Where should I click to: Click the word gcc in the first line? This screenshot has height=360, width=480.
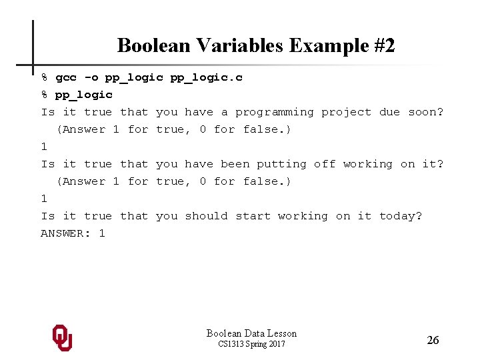pyautogui.click(x=66, y=77)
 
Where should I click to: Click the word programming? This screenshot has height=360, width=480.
pyautogui.click(x=274, y=112)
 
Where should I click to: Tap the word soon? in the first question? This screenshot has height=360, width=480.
pyautogui.click(x=425, y=112)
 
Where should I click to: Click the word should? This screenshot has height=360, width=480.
pyautogui.click(x=206, y=216)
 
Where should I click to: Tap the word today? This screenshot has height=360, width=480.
pyautogui.click(x=401, y=216)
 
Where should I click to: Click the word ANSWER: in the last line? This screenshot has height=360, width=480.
pyautogui.click(x=66, y=233)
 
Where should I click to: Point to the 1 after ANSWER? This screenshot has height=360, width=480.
pyautogui.click(x=102, y=233)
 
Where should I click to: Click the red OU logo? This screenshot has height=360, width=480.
pyautogui.click(x=62, y=337)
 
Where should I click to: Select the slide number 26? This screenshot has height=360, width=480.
pyautogui.click(x=433, y=340)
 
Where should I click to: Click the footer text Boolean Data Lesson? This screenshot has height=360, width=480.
pyautogui.click(x=251, y=333)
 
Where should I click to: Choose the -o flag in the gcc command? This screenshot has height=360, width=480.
pyautogui.click(x=91, y=77)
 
